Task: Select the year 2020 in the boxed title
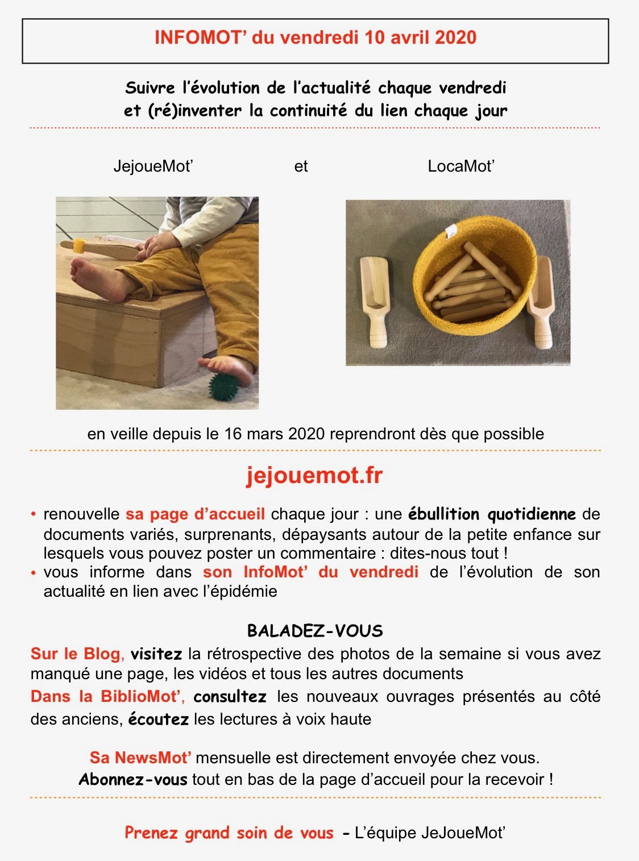455,38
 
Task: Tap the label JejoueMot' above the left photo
153,166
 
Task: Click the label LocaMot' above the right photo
460,166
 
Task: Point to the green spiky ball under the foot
224,386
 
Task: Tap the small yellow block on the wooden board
79,246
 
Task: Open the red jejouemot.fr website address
314,476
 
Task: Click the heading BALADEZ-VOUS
315,631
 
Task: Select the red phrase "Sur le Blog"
76,654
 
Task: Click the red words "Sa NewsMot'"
140,758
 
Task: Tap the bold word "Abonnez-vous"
133,780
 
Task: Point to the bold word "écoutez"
159,719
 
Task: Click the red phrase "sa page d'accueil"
196,514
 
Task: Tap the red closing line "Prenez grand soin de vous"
229,833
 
